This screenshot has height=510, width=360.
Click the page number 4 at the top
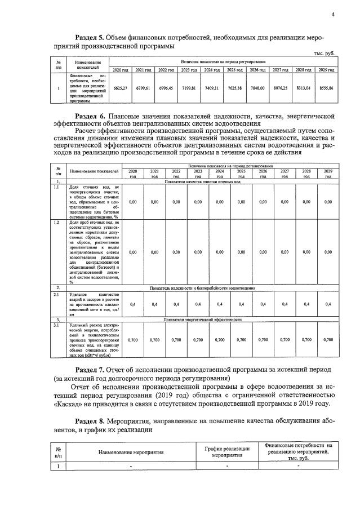333,15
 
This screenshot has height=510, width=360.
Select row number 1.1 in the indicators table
57,187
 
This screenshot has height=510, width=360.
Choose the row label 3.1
57,325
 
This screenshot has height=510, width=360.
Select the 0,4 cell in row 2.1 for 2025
241,304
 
